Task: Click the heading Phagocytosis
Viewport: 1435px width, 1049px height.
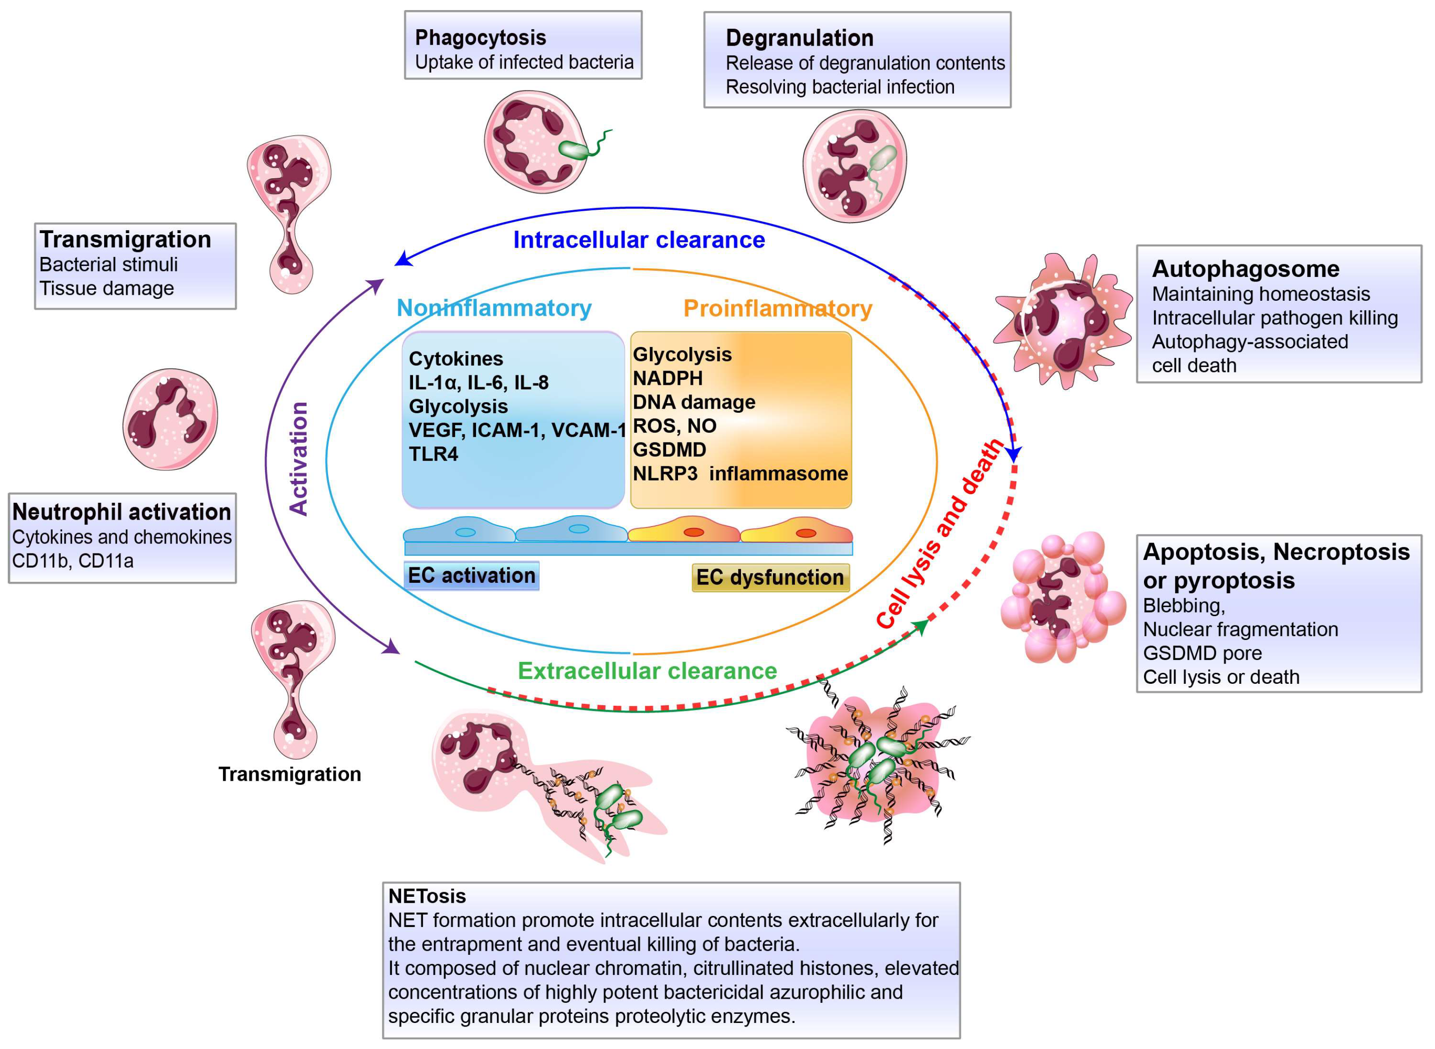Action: point(481,38)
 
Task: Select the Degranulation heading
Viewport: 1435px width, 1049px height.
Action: point(800,38)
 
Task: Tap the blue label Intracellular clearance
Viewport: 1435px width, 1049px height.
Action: point(639,240)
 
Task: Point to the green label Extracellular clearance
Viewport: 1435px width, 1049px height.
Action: point(647,671)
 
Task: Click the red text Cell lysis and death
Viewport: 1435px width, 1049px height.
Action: point(940,533)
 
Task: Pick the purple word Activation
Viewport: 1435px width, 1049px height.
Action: point(298,458)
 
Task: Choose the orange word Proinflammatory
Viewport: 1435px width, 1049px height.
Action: point(778,309)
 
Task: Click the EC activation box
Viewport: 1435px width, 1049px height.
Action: point(471,575)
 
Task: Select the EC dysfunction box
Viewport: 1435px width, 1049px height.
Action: point(770,577)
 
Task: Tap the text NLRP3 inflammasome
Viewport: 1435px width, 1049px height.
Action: point(740,474)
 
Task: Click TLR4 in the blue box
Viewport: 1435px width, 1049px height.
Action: point(434,454)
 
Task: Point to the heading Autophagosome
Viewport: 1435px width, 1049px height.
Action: point(1245,269)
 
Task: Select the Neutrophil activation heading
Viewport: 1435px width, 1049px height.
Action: point(122,512)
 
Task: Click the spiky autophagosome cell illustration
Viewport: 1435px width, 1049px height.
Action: point(1064,321)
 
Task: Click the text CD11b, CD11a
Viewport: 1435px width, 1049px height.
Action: point(73,561)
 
